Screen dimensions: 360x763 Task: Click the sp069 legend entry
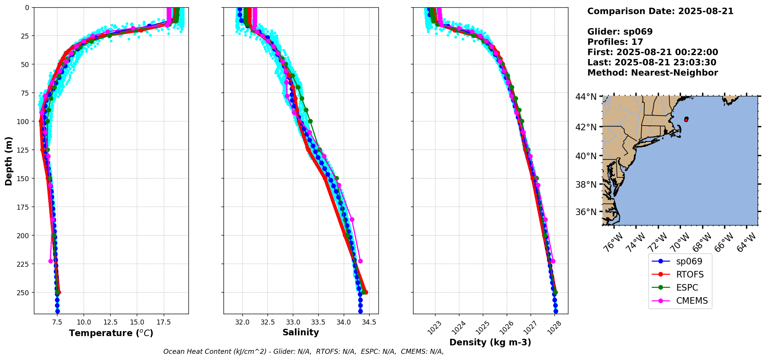click(689, 261)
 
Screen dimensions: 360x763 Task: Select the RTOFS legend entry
click(689, 274)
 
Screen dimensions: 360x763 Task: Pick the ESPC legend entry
click(687, 288)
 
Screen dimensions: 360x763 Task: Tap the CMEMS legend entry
click(692, 301)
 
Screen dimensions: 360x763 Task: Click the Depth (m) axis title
click(8, 161)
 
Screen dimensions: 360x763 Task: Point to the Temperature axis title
click(111, 333)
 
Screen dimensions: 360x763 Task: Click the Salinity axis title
click(301, 332)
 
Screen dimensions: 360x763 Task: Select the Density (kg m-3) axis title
click(490, 342)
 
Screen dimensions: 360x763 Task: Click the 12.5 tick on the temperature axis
click(110, 322)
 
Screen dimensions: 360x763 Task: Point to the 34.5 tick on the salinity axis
click(369, 322)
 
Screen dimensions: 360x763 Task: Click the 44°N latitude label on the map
click(586, 97)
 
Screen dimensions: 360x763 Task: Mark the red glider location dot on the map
click(686, 120)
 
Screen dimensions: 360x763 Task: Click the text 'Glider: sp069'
click(620, 32)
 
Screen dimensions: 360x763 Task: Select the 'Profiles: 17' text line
click(615, 42)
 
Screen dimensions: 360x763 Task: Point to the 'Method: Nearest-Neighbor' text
click(652, 73)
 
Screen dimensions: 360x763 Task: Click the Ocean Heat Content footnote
click(303, 352)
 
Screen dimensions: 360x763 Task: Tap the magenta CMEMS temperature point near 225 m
click(51, 261)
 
